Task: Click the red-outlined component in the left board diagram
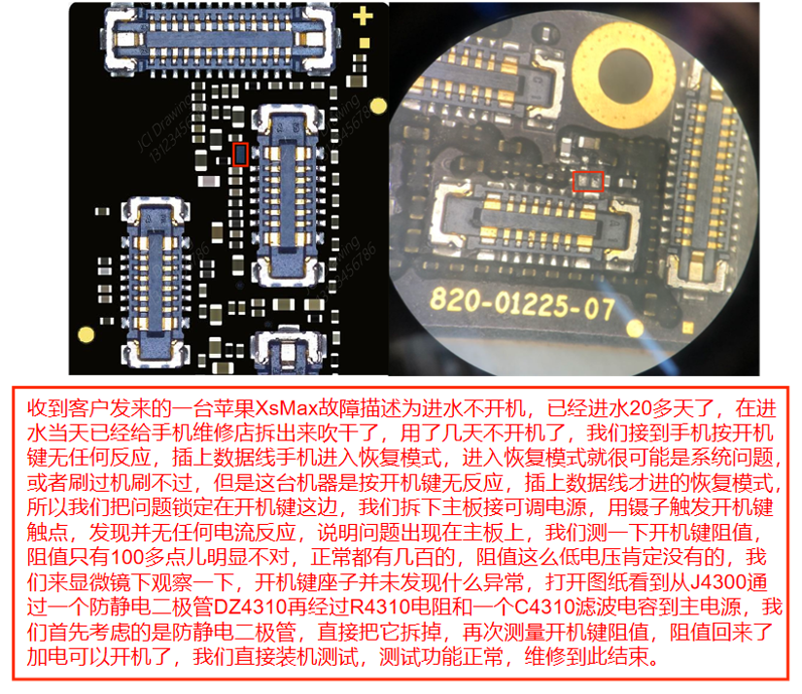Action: click(241, 154)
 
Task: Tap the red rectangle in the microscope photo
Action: click(588, 180)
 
